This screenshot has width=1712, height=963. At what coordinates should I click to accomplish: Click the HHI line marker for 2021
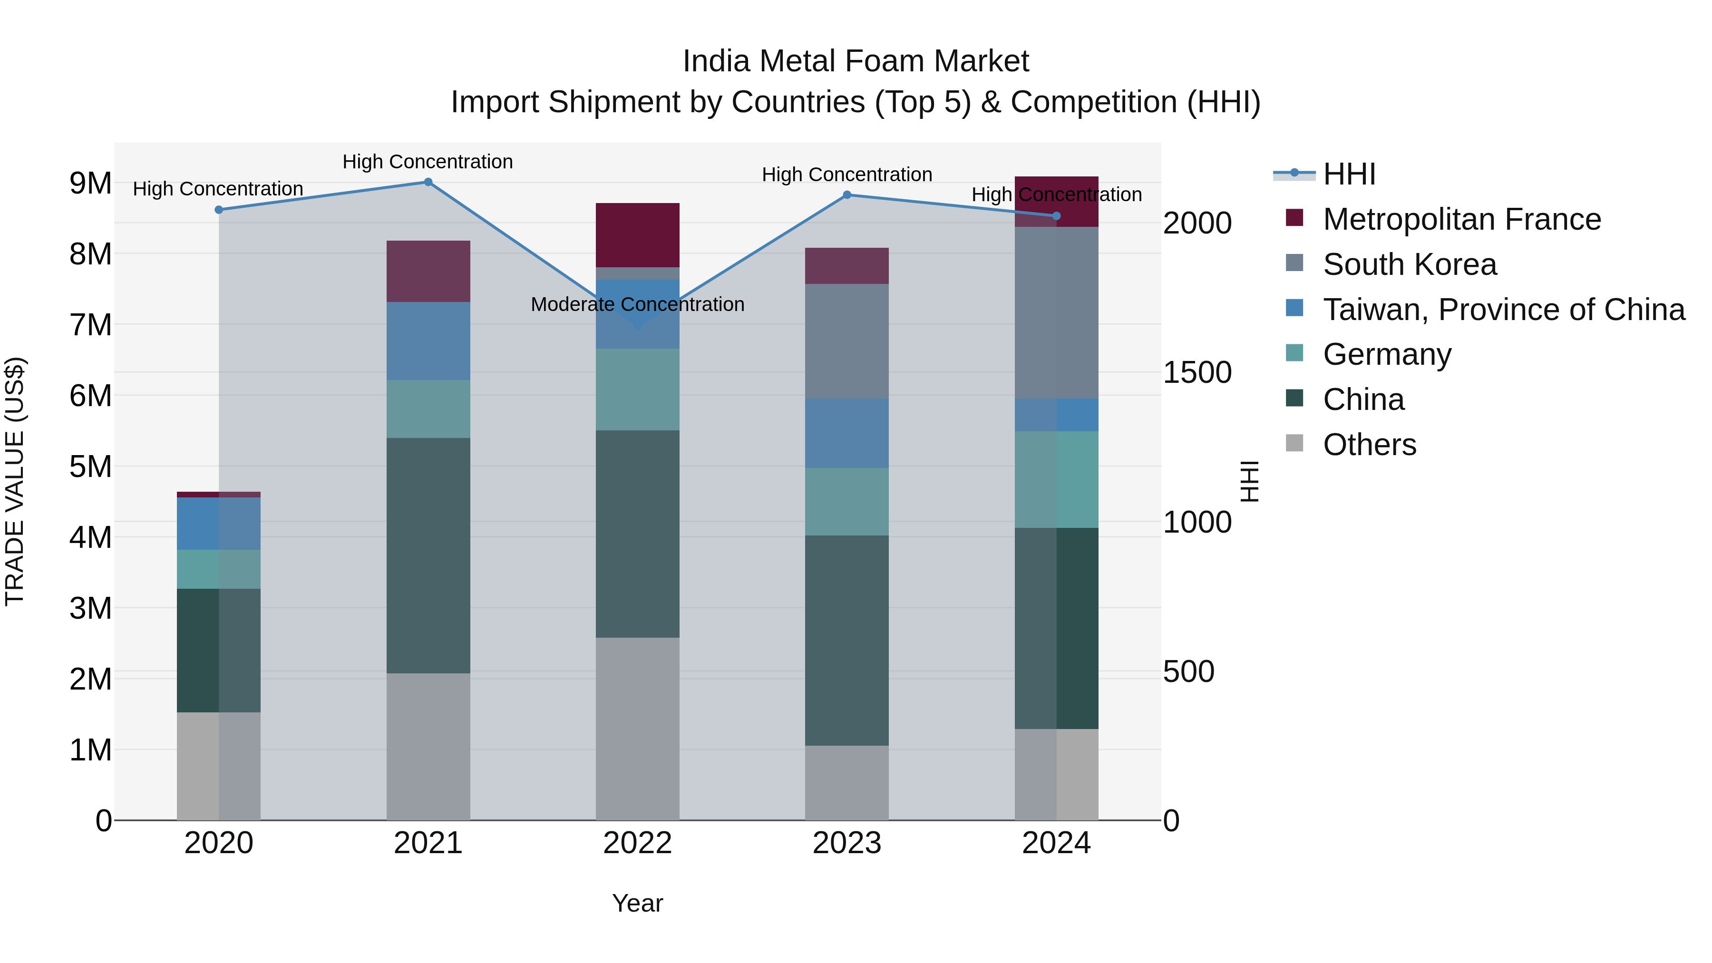pos(428,182)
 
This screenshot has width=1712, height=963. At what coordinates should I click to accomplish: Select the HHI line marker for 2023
pos(846,195)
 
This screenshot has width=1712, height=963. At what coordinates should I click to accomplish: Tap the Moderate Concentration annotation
pos(637,304)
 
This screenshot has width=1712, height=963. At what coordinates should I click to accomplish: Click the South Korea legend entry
pos(1409,264)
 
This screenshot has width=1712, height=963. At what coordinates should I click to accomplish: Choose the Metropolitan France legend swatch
pos(1294,218)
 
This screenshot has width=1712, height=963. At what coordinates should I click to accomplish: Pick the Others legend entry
pos(1369,445)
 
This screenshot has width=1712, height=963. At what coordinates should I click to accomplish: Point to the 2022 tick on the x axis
pos(637,843)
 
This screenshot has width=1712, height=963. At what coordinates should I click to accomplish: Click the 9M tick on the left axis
pos(90,184)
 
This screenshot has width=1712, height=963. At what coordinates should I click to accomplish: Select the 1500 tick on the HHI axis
pos(1197,372)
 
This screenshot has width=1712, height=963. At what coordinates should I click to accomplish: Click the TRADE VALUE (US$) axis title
pos(15,481)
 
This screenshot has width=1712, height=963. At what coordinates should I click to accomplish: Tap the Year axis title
pos(637,903)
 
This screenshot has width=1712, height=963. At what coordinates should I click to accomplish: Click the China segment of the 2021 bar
pos(428,555)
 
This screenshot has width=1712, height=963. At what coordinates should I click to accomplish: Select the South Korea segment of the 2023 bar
pos(846,341)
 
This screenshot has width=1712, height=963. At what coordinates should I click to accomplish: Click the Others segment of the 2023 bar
pos(846,782)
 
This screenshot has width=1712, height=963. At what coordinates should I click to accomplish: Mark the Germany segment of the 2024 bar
pos(1056,479)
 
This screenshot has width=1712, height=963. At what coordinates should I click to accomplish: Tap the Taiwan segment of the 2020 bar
pos(219,523)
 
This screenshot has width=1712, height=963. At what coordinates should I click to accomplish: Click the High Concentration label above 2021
pos(428,162)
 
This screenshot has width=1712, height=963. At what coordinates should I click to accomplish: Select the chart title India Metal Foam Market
pos(856,61)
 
